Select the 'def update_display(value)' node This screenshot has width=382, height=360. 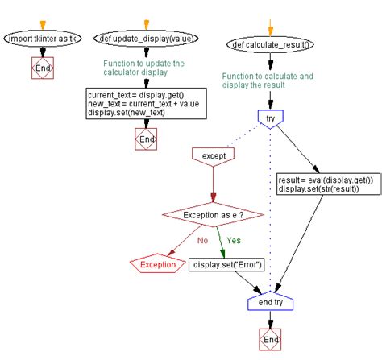pyautogui.click(x=145, y=38)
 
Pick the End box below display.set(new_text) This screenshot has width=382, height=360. pyautogui.click(x=145, y=139)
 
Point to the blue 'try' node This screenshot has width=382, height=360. pyautogui.click(x=270, y=118)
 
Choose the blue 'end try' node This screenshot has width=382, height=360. pyautogui.click(x=270, y=301)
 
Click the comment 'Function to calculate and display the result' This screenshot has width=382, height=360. pyautogui.click(x=268, y=81)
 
